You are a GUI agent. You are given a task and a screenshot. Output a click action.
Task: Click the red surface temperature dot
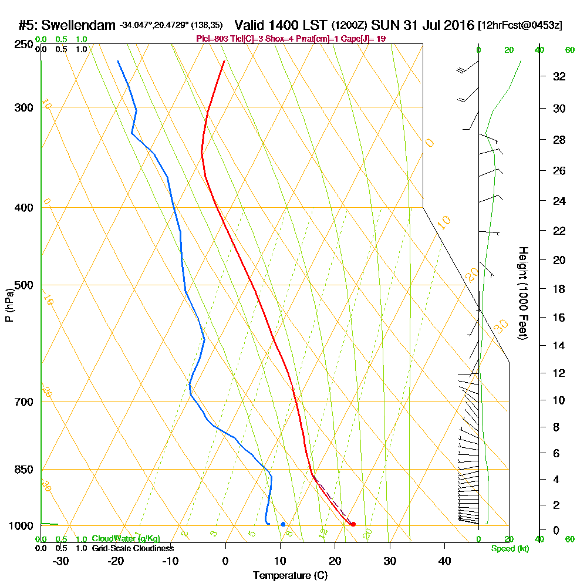click(353, 524)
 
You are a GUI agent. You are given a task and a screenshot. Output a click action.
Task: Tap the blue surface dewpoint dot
click(283, 524)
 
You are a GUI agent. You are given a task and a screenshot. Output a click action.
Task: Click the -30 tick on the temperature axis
click(61, 561)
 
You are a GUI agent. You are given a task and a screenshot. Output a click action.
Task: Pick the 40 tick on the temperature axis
click(444, 561)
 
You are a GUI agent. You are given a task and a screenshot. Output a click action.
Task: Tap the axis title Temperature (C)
click(290, 576)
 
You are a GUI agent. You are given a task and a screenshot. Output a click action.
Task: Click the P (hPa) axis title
click(9, 305)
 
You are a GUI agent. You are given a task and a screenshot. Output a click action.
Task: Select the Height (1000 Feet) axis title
click(522, 293)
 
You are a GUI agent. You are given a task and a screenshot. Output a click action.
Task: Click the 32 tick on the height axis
click(559, 76)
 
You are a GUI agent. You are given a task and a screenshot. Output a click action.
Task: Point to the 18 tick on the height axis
click(559, 289)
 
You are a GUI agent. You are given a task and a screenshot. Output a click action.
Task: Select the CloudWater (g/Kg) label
click(126, 539)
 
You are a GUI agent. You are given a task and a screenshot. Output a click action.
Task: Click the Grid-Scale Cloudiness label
click(133, 548)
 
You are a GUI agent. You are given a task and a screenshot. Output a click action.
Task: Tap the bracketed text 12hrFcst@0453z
click(520, 26)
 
